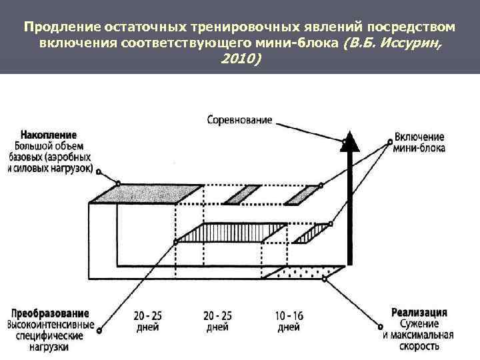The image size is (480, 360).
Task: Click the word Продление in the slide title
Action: [x=61, y=27]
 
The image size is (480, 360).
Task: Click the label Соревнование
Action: [x=239, y=120]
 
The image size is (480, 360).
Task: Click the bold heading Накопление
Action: [x=48, y=135]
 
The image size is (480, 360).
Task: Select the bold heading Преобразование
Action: [x=49, y=313]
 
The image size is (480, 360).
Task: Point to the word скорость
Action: [x=421, y=347]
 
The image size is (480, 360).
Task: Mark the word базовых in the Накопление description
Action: [x=28, y=157]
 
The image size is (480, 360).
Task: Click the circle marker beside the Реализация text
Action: [x=381, y=327]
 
